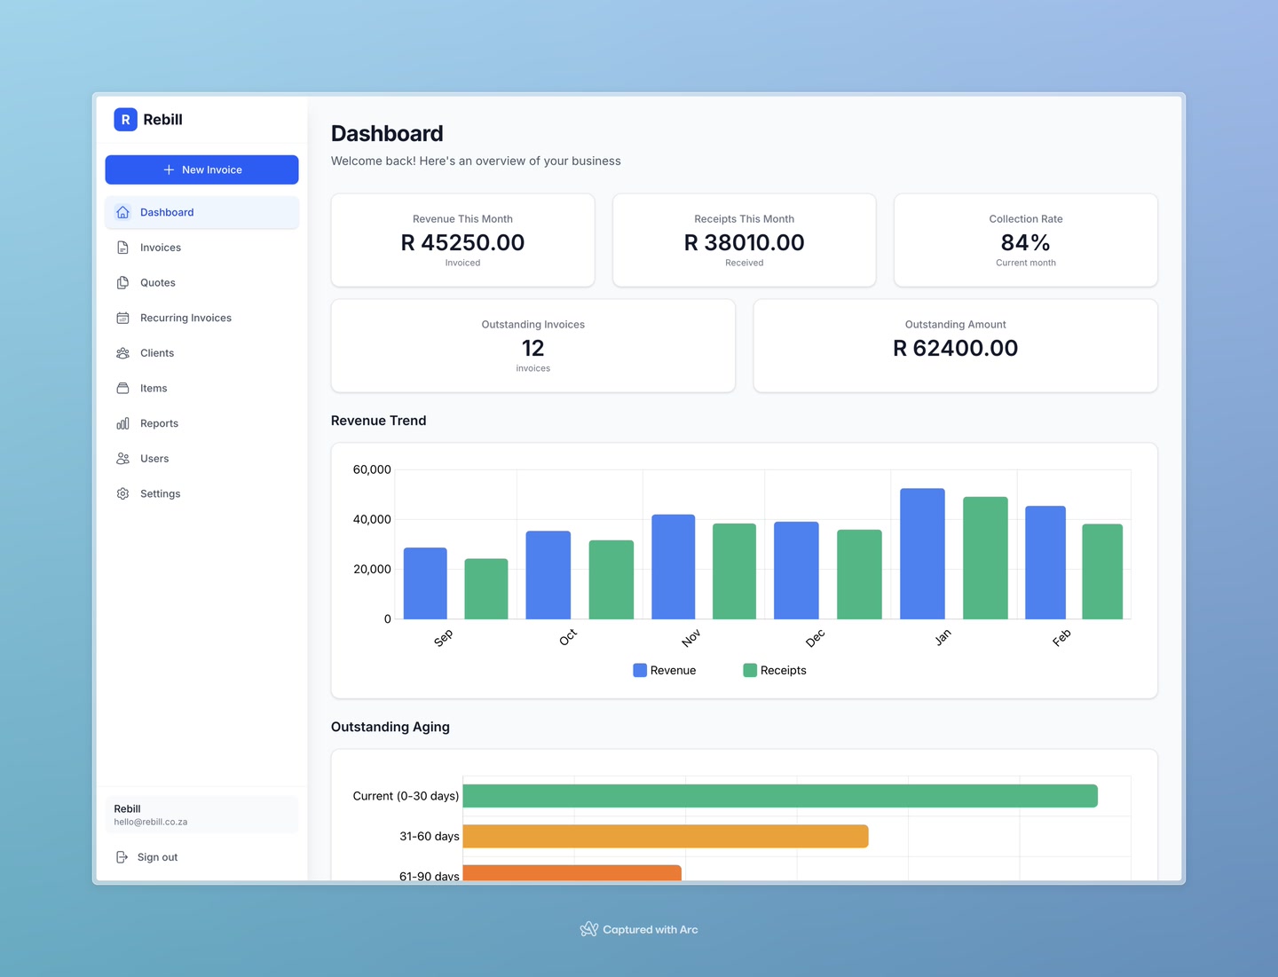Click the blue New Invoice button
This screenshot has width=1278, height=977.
201,169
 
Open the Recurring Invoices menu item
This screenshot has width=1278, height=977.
185,318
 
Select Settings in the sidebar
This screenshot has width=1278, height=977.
160,493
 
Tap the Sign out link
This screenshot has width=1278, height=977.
157,857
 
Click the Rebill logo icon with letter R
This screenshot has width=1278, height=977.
125,120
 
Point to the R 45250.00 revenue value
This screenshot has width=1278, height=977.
462,242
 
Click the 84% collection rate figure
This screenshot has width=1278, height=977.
1025,242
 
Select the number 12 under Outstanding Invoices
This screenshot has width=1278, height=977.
532,348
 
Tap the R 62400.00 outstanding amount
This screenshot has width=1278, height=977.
955,348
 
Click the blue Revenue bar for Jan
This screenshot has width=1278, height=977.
922,554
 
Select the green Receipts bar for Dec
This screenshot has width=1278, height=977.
859,574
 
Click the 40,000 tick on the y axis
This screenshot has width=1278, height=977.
372,519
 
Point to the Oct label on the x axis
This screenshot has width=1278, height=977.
568,637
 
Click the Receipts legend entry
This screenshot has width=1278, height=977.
775,670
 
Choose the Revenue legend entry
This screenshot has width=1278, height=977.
665,670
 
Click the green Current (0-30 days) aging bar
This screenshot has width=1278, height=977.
779,796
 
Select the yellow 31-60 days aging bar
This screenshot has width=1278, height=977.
665,836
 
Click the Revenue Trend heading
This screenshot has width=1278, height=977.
378,421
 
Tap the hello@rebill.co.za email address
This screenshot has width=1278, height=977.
151,822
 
